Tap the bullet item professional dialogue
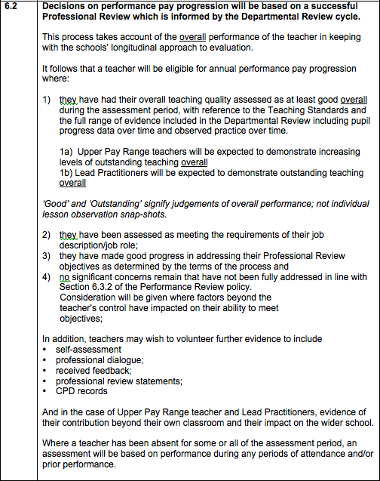point(94,360)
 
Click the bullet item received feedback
point(87,371)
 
